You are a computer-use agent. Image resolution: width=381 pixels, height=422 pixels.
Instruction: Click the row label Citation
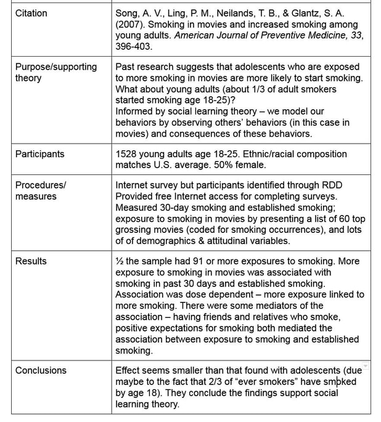[31, 13]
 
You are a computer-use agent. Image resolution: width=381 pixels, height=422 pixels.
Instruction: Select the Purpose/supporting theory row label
[55, 72]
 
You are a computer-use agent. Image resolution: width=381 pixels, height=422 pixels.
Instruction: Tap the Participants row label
[39, 154]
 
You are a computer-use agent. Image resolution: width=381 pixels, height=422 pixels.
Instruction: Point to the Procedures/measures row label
[41, 190]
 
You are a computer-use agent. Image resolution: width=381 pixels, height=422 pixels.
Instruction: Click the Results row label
[31, 261]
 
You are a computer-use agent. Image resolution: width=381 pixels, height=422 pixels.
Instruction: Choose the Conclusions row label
[41, 370]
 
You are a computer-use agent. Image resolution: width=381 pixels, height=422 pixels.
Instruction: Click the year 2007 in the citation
[129, 24]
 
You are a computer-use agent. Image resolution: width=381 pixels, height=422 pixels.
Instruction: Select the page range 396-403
[134, 46]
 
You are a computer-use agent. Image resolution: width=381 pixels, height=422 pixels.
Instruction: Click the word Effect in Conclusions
[129, 370]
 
